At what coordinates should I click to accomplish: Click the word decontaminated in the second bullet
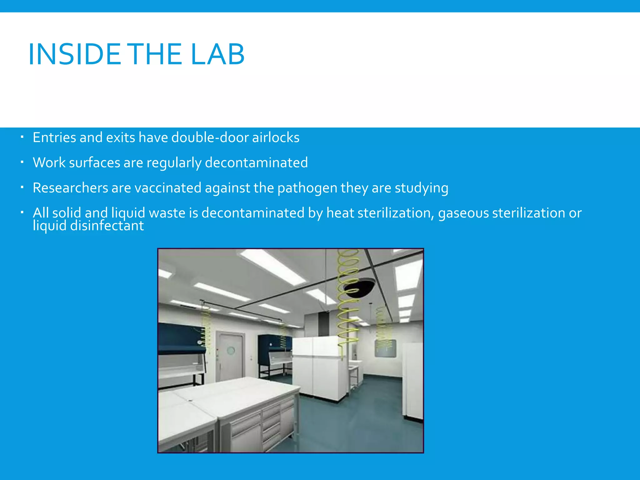tap(256, 162)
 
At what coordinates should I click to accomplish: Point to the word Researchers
tap(70, 188)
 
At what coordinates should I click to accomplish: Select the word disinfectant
tap(107, 226)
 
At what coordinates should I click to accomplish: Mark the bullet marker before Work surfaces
tap(22, 162)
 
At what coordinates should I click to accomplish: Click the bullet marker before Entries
tap(22, 137)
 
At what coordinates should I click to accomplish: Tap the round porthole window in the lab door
tap(231, 351)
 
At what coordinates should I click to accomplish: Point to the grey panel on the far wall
tap(385, 349)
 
